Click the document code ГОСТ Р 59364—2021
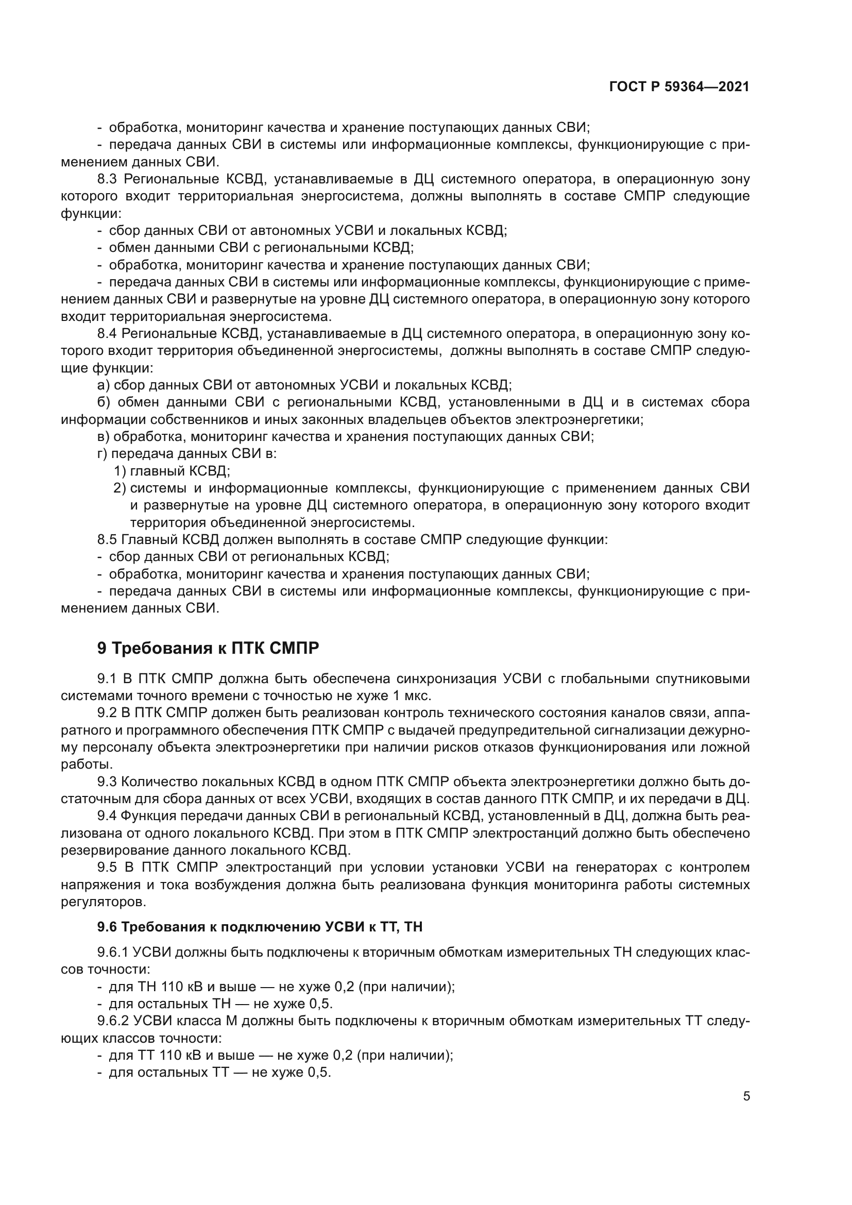pyautogui.click(x=679, y=87)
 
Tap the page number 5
pyautogui.click(x=746, y=1096)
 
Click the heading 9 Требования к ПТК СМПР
pyautogui.click(x=208, y=649)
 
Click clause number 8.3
pyautogui.click(x=107, y=179)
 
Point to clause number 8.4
pyautogui.click(x=107, y=334)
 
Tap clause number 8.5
pyautogui.click(x=107, y=539)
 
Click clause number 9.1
pyautogui.click(x=107, y=679)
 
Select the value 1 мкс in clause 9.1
pyautogui.click(x=411, y=697)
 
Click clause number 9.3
pyautogui.click(x=107, y=782)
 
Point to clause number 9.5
pyautogui.click(x=107, y=868)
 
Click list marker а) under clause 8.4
pyautogui.click(x=104, y=385)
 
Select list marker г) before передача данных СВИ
pyautogui.click(x=103, y=454)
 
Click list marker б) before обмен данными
pyautogui.click(x=104, y=402)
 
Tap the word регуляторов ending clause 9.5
pyautogui.click(x=104, y=902)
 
